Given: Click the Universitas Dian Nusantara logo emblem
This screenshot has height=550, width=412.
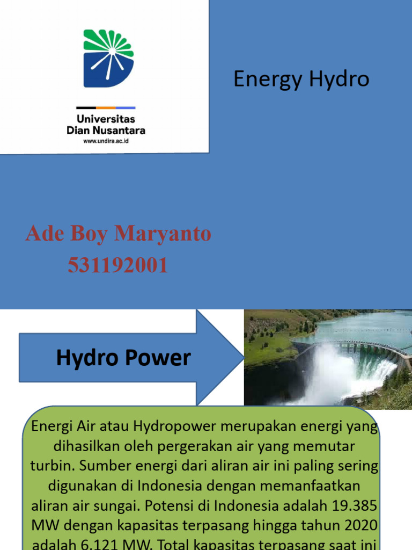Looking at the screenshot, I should tap(108, 58).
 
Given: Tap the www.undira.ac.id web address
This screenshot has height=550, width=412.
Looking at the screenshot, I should tap(106, 141).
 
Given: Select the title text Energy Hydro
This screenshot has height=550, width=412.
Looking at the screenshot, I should tap(301, 79).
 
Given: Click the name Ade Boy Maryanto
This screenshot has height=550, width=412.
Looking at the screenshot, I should tap(118, 234).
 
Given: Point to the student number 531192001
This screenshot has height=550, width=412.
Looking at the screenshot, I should tap(118, 265).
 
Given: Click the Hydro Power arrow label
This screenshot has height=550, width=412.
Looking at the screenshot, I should tap(123, 358).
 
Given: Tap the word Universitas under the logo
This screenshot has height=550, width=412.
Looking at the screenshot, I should tap(106, 119).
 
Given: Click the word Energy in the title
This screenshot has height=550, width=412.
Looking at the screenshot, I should tap(261, 79).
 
